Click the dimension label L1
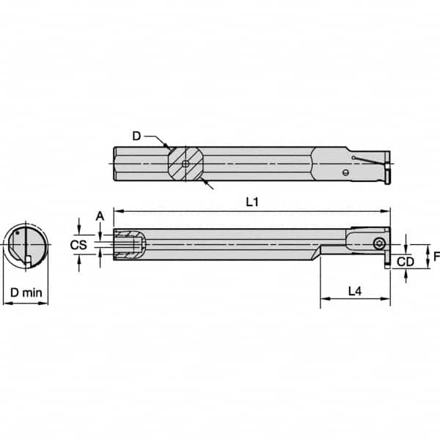click(x=251, y=202)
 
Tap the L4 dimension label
click(x=354, y=290)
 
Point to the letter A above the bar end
click(x=100, y=215)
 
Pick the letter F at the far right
click(x=433, y=257)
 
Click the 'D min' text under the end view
click(x=25, y=292)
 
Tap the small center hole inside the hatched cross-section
click(x=186, y=163)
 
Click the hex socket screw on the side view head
click(x=379, y=243)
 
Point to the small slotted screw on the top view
click(x=345, y=173)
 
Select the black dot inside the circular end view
click(x=17, y=235)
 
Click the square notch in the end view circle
click(x=27, y=259)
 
